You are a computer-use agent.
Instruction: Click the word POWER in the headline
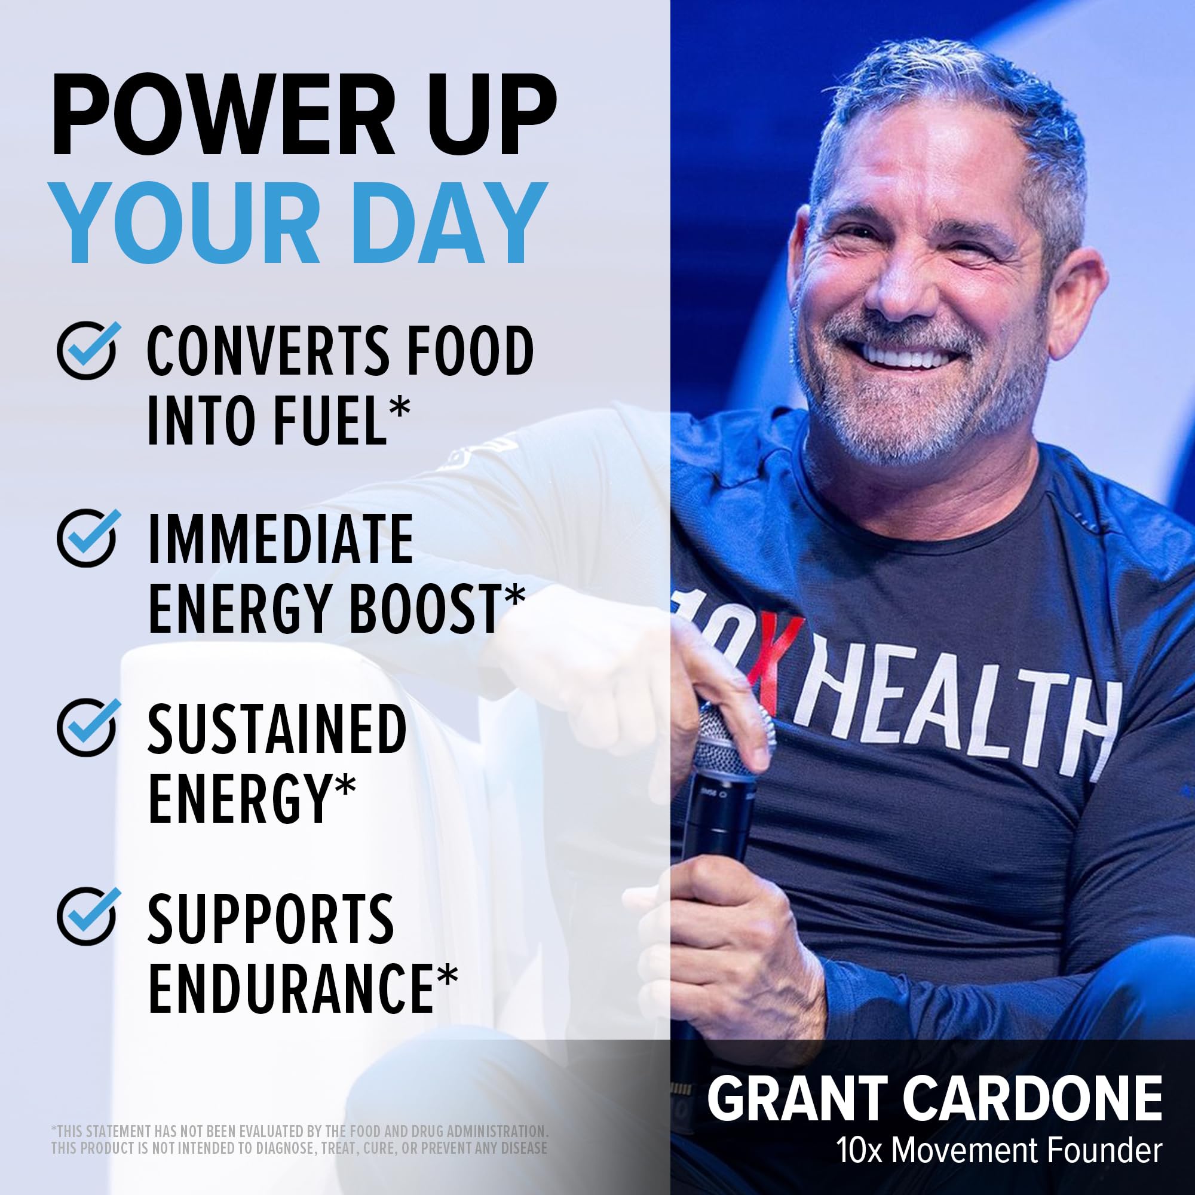tap(223, 115)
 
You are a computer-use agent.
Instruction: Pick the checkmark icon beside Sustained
tap(87, 727)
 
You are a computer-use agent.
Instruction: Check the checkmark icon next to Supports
tap(87, 915)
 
